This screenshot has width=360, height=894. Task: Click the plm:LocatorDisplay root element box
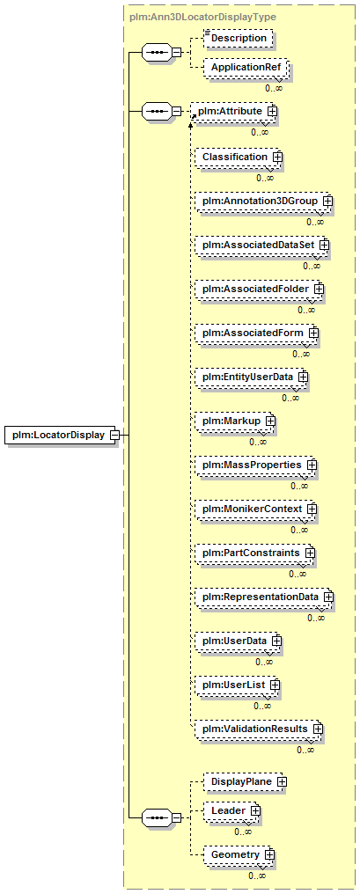[60, 436]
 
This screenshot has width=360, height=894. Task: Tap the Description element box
[239, 38]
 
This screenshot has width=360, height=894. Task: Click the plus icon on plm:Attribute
[272, 112]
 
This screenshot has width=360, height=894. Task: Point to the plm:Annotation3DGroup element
[263, 201]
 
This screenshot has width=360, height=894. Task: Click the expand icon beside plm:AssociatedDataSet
[325, 245]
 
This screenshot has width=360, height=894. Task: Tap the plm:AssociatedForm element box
[256, 333]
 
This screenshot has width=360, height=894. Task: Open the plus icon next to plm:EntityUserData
[303, 377]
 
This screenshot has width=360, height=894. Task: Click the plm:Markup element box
[234, 421]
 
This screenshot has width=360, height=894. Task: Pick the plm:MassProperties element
[255, 465]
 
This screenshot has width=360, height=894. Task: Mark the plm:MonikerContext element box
[255, 509]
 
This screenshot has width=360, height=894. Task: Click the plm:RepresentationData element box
[263, 597]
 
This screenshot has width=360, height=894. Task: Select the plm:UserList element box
[237, 685]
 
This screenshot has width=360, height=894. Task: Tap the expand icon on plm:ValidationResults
[317, 729]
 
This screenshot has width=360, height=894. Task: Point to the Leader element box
[231, 811]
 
